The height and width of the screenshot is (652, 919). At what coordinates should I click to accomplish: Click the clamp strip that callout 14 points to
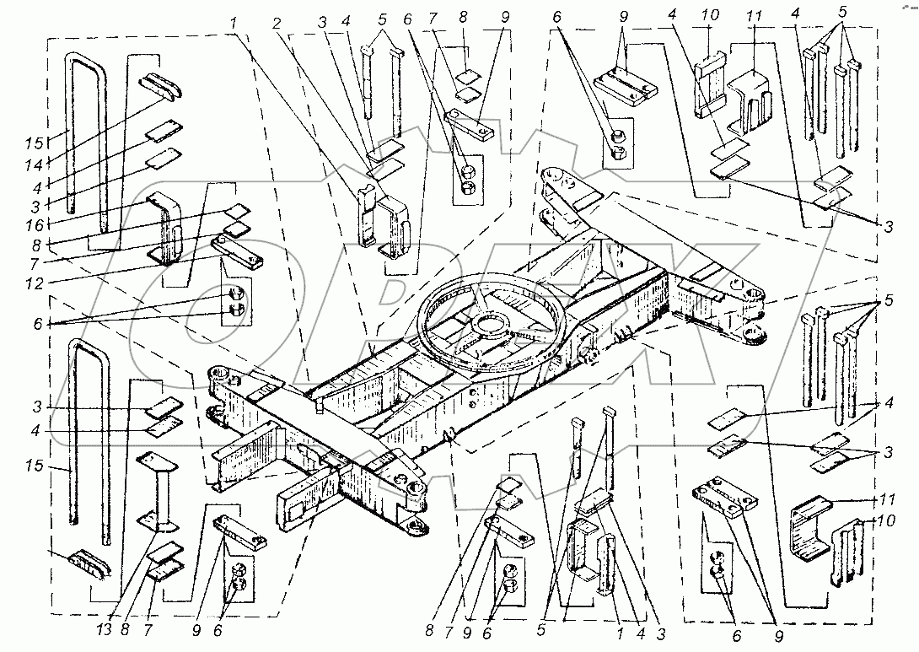pyautogui.click(x=159, y=82)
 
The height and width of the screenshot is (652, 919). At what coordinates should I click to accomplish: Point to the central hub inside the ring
pyautogui.click(x=491, y=325)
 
